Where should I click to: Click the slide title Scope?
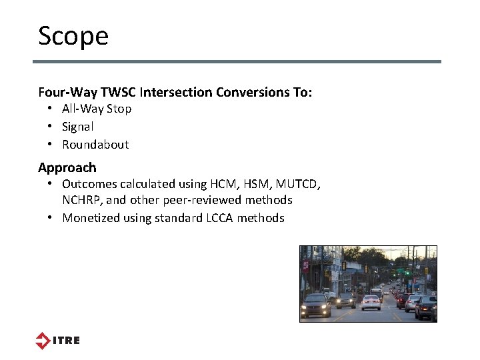[x=73, y=36]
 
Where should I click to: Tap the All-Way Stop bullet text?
[x=97, y=109]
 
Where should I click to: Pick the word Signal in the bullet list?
[x=78, y=127]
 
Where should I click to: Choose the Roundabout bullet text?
[x=95, y=145]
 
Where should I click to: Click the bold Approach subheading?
[x=67, y=167]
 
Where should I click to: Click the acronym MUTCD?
[x=294, y=184]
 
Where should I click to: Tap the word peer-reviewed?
[x=201, y=200]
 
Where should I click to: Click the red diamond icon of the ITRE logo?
[x=43, y=341]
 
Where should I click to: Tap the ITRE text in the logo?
[x=66, y=341]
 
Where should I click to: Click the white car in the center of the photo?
[x=371, y=302]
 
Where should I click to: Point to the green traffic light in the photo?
[x=406, y=272]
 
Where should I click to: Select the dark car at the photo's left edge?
[x=315, y=306]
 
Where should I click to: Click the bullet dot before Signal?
[x=51, y=127]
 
